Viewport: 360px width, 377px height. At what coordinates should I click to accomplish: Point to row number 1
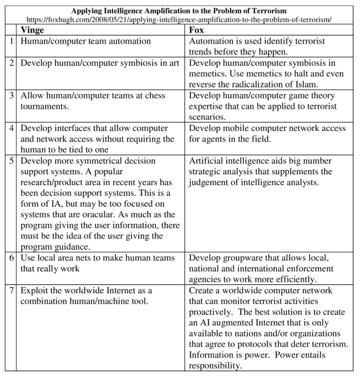tap(11, 41)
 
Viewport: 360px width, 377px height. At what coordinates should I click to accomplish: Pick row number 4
tap(11, 128)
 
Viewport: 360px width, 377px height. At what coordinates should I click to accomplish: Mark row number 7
tap(11, 291)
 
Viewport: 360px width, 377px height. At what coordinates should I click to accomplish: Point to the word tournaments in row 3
tap(43, 106)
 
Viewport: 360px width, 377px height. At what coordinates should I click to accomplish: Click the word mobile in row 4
tap(234, 128)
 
